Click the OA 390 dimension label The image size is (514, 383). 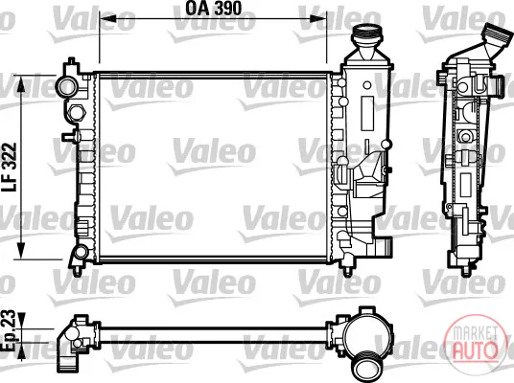pos(214,9)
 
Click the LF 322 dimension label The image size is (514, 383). pos(9,168)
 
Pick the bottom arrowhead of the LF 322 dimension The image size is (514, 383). pos(21,250)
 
